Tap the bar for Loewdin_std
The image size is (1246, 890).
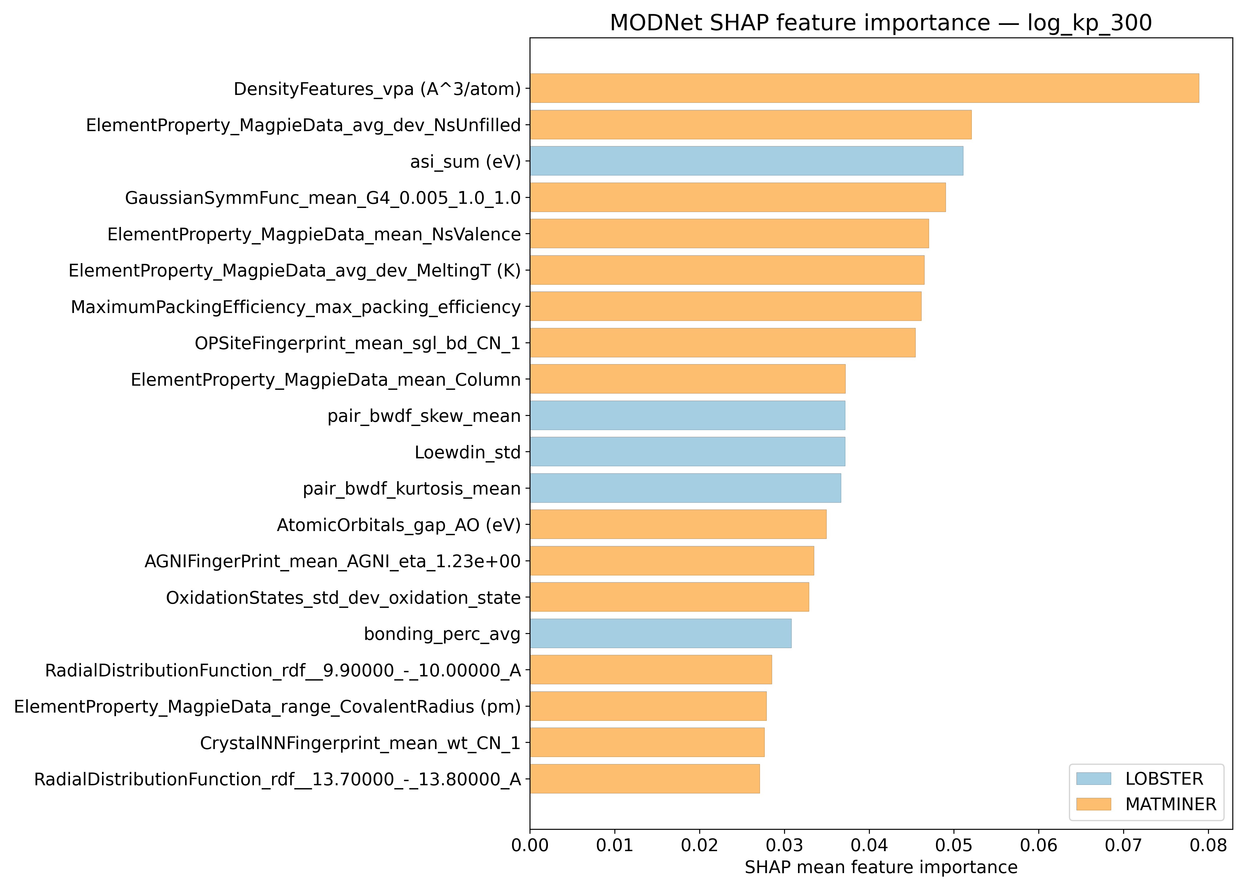pyautogui.click(x=687, y=452)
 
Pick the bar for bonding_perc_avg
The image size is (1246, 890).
pyautogui.click(x=660, y=633)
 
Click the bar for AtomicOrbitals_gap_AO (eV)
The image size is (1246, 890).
pyautogui.click(x=678, y=525)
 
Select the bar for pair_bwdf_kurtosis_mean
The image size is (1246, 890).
pyautogui.click(x=685, y=488)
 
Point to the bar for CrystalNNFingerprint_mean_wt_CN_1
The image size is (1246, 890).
pyautogui.click(x=646, y=743)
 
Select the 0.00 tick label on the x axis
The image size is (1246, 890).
pyautogui.click(x=530, y=846)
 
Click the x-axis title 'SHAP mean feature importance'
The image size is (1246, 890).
pyautogui.click(x=881, y=867)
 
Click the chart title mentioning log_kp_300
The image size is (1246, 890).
pyautogui.click(x=881, y=23)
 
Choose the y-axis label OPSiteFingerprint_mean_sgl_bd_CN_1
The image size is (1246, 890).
pyautogui.click(x=357, y=343)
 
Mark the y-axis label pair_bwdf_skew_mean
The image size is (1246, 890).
pyautogui.click(x=424, y=416)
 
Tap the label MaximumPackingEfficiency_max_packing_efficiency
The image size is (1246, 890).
pyautogui.click(x=295, y=307)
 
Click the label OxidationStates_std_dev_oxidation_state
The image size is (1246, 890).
pyautogui.click(x=343, y=597)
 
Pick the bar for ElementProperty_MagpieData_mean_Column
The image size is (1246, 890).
pyautogui.click(x=687, y=379)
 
